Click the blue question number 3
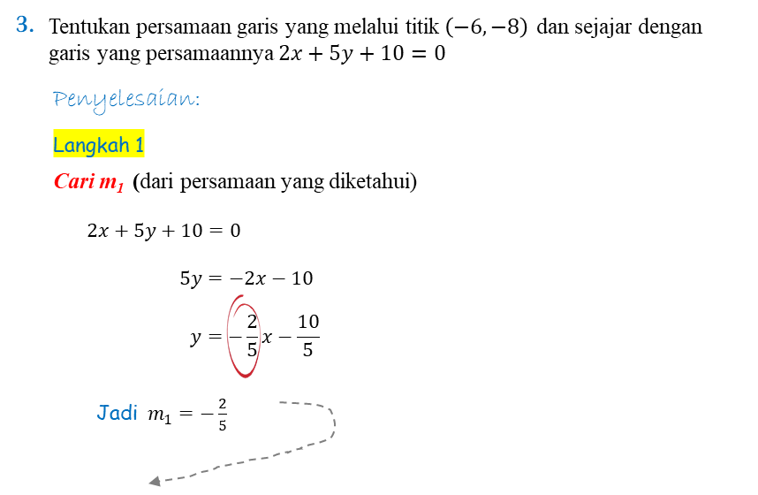25,24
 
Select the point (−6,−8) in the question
486,27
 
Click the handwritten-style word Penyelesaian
126,100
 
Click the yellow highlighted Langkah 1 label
99,144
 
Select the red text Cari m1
89,182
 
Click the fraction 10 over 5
308,335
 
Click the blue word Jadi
117,413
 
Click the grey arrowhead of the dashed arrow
155,481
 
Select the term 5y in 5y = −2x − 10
191,279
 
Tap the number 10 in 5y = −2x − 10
302,278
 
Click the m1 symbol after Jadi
160,415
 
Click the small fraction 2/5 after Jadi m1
223,415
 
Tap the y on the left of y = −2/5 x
195,337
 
